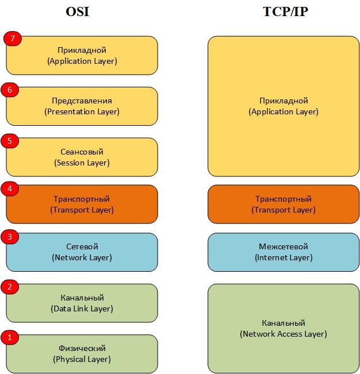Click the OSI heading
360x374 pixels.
pyautogui.click(x=77, y=12)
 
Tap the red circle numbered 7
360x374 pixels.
pyautogui.click(x=12, y=38)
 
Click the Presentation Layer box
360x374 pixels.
pyautogui.click(x=82, y=106)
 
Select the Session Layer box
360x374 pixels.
pyautogui.click(x=82, y=157)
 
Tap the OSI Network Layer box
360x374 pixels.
pyautogui.click(x=82, y=252)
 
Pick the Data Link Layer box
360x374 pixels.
pyautogui.click(x=82, y=303)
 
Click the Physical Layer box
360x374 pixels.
pyautogui.click(x=82, y=353)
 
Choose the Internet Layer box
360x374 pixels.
pyautogui.click(x=283, y=252)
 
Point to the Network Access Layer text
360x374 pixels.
pyautogui.click(x=283, y=334)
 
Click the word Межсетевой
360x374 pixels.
pyautogui.click(x=283, y=246)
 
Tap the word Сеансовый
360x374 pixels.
pyautogui.click(x=82, y=152)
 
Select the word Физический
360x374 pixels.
pyautogui.click(x=82, y=348)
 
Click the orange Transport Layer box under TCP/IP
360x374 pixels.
pyautogui.click(x=283, y=204)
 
